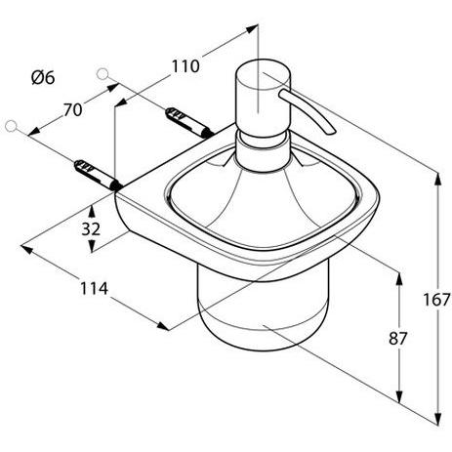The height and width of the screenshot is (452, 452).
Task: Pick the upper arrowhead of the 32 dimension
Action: pyautogui.click(x=95, y=208)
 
